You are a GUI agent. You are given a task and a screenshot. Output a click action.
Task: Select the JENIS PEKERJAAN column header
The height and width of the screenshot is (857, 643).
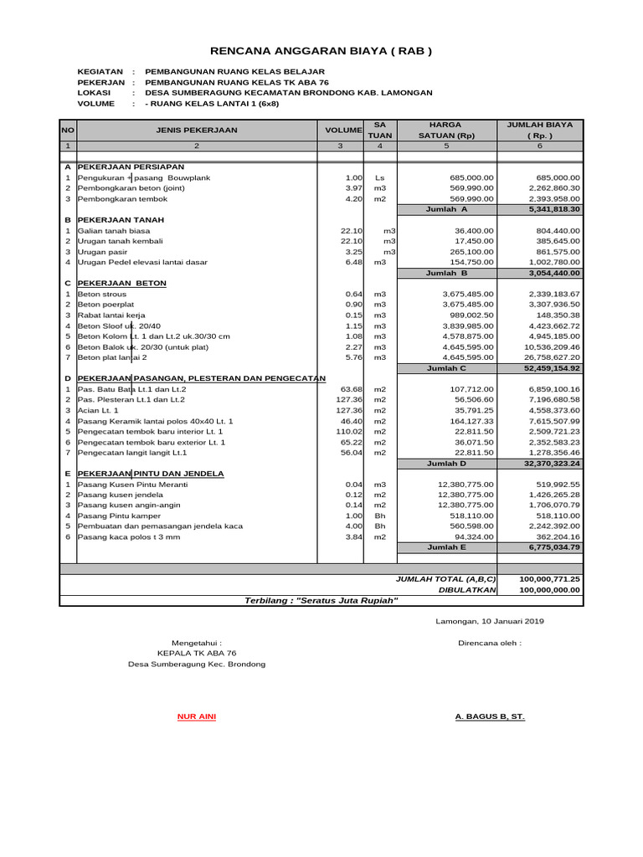197,130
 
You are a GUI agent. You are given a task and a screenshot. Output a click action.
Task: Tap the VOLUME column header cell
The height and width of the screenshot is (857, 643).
343,131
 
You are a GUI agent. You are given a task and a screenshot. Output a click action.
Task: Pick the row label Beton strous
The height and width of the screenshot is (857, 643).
102,294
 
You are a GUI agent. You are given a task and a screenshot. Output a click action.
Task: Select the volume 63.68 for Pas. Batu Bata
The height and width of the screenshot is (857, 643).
350,389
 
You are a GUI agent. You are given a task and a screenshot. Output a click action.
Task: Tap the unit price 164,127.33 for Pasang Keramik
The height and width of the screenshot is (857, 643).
467,421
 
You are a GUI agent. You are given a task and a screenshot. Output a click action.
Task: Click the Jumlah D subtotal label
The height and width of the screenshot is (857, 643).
446,463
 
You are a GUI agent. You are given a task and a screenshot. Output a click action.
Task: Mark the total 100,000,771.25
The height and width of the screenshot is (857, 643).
549,578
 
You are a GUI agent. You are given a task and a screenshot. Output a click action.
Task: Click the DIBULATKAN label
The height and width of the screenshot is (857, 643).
467,589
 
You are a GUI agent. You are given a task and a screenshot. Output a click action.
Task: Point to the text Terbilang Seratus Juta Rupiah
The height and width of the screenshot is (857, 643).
321,600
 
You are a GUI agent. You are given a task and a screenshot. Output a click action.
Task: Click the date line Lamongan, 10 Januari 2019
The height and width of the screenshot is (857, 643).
490,621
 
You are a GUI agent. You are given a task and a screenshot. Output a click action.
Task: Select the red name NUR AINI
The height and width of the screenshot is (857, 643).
197,717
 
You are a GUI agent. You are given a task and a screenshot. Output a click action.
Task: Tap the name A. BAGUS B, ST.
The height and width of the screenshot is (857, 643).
489,717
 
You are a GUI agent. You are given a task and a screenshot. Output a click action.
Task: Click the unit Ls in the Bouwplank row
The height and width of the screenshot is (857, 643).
379,177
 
